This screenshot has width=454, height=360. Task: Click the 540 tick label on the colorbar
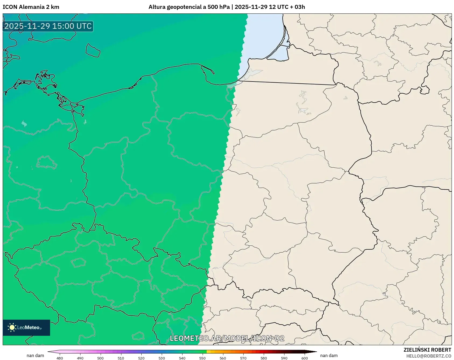click(182, 358)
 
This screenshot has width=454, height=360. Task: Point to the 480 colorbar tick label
click(60, 358)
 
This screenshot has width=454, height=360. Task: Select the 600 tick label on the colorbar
click(304, 358)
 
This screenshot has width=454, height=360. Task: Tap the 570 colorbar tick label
click(243, 358)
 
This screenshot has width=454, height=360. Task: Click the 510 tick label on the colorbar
click(121, 358)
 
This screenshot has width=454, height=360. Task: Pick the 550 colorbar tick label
click(202, 358)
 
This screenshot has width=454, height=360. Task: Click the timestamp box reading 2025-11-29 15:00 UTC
click(48, 26)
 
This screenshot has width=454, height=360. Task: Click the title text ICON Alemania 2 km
click(31, 7)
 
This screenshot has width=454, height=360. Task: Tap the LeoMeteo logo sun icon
click(12, 327)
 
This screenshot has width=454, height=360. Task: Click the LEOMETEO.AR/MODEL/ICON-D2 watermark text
click(227, 338)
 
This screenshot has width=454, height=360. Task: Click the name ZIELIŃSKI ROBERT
click(427, 350)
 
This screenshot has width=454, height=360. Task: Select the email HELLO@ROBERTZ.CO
click(428, 356)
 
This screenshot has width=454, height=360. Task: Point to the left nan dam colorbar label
click(35, 355)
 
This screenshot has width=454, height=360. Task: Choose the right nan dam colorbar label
click(329, 355)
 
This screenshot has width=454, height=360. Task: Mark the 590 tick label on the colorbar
click(284, 358)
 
